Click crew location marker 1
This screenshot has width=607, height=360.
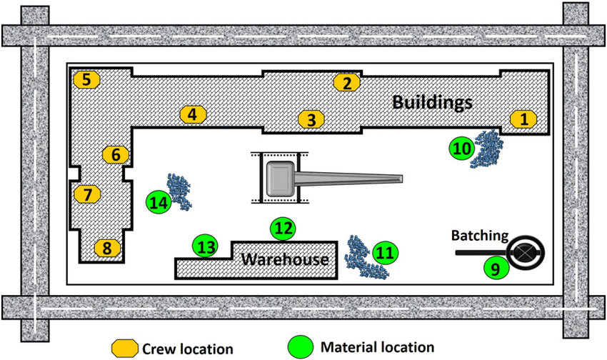pyautogui.click(x=525, y=119)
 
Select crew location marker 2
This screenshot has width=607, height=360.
pyautogui.click(x=347, y=82)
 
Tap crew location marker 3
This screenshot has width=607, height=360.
pyautogui.click(x=311, y=119)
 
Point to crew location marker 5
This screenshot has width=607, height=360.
pyautogui.click(x=86, y=79)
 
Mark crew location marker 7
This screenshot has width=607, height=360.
pyautogui.click(x=88, y=194)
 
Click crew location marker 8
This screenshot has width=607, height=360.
pyautogui.click(x=107, y=249)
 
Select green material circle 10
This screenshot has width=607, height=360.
pyautogui.click(x=461, y=149)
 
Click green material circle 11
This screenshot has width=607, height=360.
pyautogui.click(x=385, y=252)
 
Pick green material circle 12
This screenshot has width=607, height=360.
pyautogui.click(x=284, y=229)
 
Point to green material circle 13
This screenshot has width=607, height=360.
pyautogui.click(x=206, y=247)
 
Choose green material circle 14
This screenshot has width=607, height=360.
pyautogui.click(x=158, y=203)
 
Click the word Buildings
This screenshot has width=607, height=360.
pyautogui.click(x=432, y=102)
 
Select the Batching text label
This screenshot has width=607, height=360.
pyautogui.click(x=479, y=235)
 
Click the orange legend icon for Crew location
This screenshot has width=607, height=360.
pyautogui.click(x=122, y=348)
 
